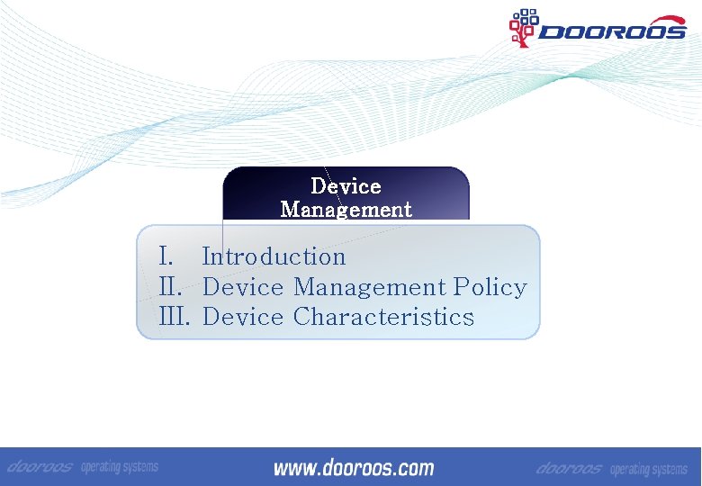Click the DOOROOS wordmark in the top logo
click(x=612, y=31)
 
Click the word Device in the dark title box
click(x=346, y=186)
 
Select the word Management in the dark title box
click(x=346, y=210)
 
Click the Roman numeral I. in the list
click(x=166, y=256)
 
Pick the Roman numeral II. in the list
click(x=172, y=287)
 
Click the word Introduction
click(x=274, y=256)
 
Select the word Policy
click(x=490, y=287)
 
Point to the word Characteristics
click(x=383, y=317)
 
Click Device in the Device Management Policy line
click(x=243, y=287)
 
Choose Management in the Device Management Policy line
click(x=369, y=287)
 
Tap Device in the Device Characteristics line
click(x=243, y=317)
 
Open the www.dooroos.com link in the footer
click(x=353, y=468)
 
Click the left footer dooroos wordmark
click(x=40, y=467)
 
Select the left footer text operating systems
click(x=120, y=467)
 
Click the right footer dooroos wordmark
click(x=569, y=469)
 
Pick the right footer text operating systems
click(x=648, y=470)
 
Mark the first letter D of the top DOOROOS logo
click(x=550, y=32)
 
